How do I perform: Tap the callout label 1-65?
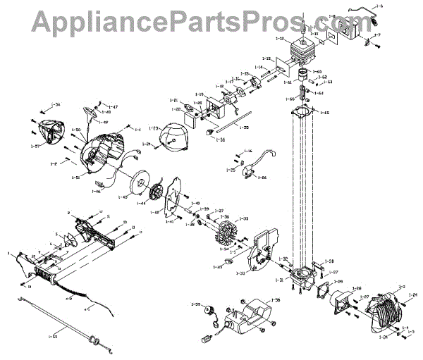tap(325, 113)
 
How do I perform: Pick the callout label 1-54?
tap(56, 106)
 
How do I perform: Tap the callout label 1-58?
tap(274, 301)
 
